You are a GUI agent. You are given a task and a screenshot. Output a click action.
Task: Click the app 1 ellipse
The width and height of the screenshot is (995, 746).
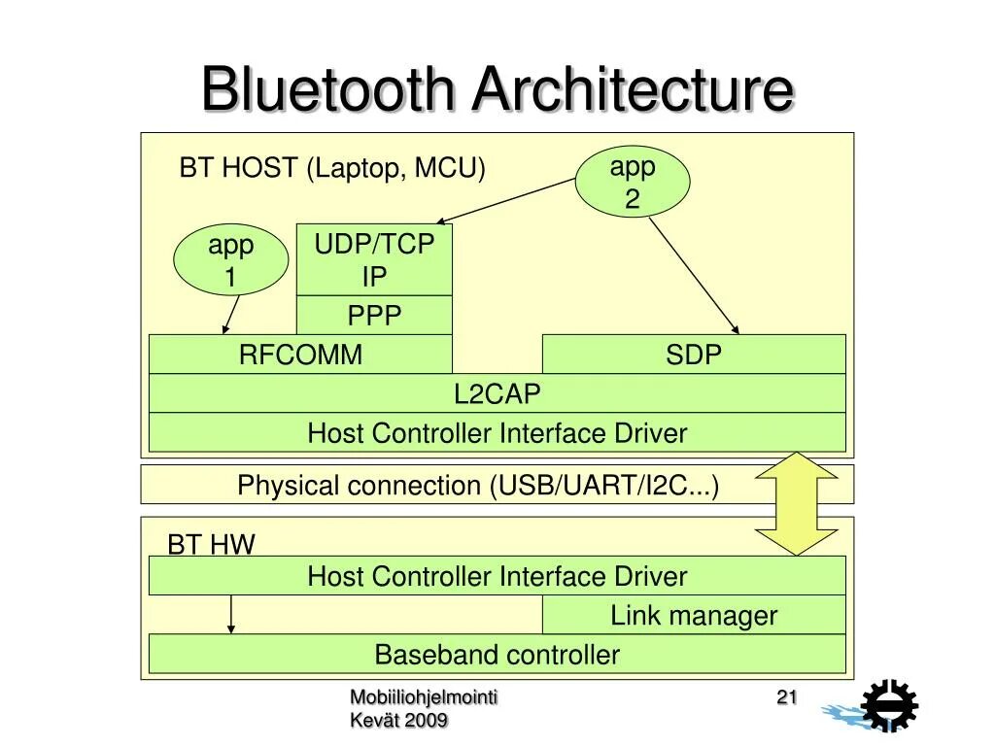click(x=231, y=260)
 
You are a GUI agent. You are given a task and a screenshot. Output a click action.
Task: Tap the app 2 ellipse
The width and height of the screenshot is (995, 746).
click(x=633, y=182)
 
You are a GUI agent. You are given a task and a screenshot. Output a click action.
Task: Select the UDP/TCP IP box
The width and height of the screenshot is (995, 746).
click(x=374, y=259)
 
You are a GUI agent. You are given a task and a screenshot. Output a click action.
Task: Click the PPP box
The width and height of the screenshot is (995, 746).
click(x=374, y=316)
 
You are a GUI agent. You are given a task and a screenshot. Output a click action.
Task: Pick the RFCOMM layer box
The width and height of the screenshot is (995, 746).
click(x=301, y=354)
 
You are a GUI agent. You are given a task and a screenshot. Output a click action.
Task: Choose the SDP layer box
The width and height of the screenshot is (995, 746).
click(x=694, y=354)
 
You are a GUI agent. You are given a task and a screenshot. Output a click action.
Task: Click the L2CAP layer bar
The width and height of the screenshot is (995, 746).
click(x=497, y=393)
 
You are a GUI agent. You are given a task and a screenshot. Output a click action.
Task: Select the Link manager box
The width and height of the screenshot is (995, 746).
click(x=694, y=615)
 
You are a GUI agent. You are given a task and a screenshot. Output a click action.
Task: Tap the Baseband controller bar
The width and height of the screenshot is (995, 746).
click(x=497, y=654)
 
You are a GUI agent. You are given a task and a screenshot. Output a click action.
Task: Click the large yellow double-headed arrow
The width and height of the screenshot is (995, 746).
click(x=797, y=504)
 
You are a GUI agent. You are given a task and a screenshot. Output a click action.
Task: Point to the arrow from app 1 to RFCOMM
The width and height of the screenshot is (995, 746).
click(x=231, y=315)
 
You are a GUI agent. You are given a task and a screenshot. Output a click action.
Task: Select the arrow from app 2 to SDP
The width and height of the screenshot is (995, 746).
click(x=694, y=276)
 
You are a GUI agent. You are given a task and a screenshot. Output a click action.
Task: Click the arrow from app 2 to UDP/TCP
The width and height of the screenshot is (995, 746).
click(x=506, y=201)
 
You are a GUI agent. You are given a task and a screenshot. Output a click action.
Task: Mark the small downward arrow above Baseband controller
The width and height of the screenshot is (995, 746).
click(x=231, y=614)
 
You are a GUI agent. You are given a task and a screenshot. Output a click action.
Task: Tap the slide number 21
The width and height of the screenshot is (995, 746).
click(x=787, y=697)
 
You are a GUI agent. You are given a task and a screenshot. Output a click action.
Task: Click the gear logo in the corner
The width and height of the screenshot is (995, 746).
click(x=888, y=705)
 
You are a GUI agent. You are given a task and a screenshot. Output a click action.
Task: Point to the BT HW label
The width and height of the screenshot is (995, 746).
click(x=211, y=544)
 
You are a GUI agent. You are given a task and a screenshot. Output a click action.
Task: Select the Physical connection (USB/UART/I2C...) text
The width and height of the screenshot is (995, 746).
click(x=478, y=486)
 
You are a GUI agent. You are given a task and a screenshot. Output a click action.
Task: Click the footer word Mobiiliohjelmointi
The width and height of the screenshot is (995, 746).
click(x=424, y=697)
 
